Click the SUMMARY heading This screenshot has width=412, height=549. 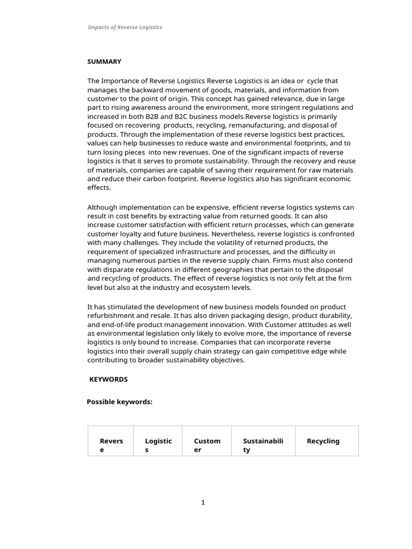(x=104, y=62)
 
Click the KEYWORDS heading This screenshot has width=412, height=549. (x=108, y=379)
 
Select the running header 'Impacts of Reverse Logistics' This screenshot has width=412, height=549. (x=124, y=27)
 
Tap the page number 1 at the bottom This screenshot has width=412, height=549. (x=203, y=502)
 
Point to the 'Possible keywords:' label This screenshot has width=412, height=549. (x=120, y=402)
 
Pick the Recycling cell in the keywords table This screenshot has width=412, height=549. (x=323, y=441)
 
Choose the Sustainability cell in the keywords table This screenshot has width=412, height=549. (x=263, y=446)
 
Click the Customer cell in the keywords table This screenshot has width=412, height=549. (x=207, y=446)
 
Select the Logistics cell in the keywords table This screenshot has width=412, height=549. (x=158, y=446)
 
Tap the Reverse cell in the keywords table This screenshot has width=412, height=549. (x=111, y=446)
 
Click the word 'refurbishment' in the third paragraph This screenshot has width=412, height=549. (x=111, y=315)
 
